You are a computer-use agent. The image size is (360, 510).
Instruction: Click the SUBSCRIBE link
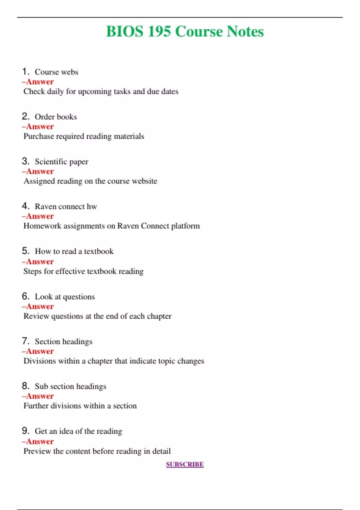(185, 464)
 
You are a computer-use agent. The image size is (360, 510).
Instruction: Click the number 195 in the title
(159, 31)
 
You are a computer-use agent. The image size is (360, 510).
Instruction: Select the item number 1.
(25, 72)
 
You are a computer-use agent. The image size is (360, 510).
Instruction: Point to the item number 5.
(25, 251)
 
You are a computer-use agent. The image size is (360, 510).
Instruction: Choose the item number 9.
(25, 431)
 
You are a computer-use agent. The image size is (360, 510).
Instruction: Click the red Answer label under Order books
(38, 127)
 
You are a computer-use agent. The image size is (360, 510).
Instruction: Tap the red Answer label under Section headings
(38, 351)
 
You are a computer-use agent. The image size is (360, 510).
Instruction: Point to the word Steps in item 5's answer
(32, 271)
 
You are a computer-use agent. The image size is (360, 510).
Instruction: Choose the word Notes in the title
(245, 31)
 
